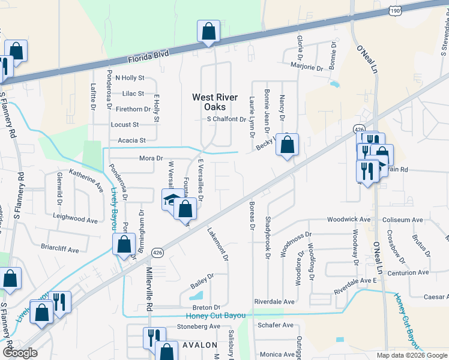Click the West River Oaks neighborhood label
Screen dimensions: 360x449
(x=215, y=103)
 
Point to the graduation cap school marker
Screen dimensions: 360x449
(x=172, y=199)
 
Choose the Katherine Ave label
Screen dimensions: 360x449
(x=86, y=179)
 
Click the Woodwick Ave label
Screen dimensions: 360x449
(x=348, y=220)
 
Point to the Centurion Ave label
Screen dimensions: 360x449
(x=406, y=272)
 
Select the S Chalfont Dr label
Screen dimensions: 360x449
(x=226, y=119)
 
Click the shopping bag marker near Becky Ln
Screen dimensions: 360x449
(x=288, y=145)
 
